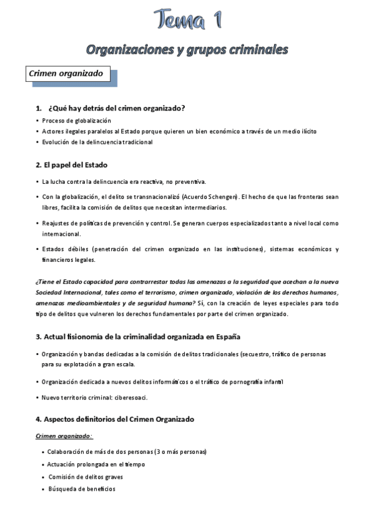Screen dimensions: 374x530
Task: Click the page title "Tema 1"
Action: click(x=187, y=21)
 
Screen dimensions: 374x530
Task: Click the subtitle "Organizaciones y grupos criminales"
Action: click(x=187, y=49)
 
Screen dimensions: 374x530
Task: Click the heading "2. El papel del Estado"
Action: click(x=72, y=165)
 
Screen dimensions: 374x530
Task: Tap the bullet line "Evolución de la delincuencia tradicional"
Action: click(x=97, y=142)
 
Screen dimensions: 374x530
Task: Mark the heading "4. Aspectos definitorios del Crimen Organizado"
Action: click(x=116, y=419)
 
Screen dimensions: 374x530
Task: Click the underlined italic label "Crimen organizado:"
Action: click(x=64, y=436)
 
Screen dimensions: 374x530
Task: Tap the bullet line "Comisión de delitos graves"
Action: click(x=86, y=477)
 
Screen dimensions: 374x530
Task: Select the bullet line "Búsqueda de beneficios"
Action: click(x=82, y=489)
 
